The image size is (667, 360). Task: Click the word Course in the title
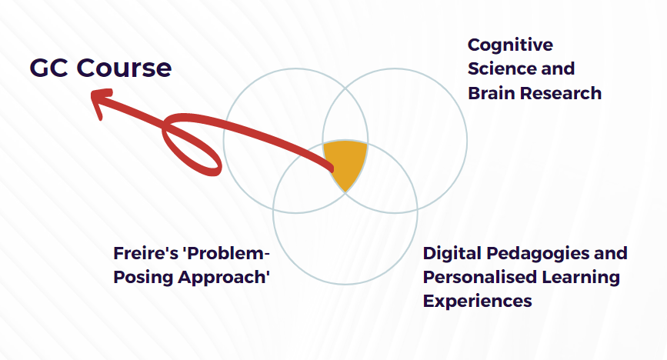(x=124, y=68)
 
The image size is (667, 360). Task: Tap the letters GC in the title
(x=49, y=68)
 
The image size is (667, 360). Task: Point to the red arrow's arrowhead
(x=102, y=102)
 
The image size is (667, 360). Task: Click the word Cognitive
(x=511, y=45)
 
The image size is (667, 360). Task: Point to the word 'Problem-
(x=226, y=254)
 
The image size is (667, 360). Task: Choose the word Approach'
(x=224, y=278)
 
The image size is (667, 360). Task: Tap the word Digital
(x=452, y=254)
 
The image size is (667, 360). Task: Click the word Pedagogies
(x=538, y=254)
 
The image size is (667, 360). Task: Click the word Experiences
(x=477, y=302)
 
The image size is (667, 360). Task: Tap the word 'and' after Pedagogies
(x=611, y=254)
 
